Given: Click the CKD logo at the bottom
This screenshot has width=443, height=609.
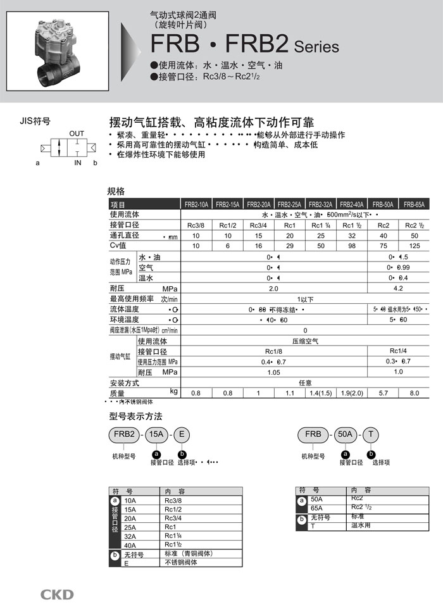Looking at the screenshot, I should (x=58, y=594).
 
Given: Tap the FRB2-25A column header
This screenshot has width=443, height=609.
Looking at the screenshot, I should (x=290, y=204).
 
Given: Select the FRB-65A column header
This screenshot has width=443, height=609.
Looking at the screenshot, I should (x=415, y=204).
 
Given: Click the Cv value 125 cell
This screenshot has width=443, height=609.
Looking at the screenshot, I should (x=415, y=245).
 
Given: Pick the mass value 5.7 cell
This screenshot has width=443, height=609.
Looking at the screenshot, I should (x=384, y=393).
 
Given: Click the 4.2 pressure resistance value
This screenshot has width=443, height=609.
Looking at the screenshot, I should (x=399, y=288).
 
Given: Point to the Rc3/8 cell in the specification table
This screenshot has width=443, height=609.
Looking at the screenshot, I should (x=196, y=225).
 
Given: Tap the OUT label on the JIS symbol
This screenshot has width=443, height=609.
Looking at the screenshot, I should (x=77, y=134).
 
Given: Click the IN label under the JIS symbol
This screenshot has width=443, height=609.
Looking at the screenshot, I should (x=78, y=163).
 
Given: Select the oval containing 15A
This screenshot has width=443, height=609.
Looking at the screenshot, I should (x=156, y=434).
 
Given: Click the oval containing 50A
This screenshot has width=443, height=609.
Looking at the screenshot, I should (x=346, y=434).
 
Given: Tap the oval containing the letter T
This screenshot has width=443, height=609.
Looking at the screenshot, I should (x=371, y=434).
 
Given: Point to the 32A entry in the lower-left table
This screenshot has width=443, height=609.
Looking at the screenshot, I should (x=130, y=536).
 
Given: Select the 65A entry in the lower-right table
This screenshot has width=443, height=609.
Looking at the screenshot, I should (x=317, y=508).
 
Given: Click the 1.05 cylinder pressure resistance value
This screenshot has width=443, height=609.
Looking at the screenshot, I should (x=273, y=372).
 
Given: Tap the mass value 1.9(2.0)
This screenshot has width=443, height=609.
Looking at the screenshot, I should (x=352, y=393).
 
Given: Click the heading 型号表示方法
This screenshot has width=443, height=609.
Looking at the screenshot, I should (x=136, y=416).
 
